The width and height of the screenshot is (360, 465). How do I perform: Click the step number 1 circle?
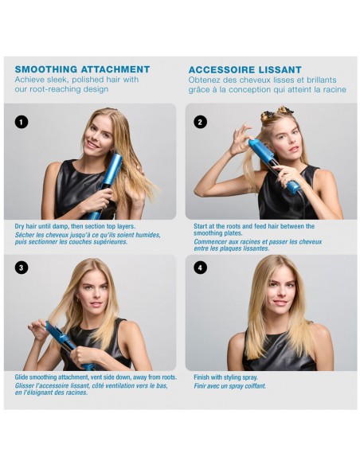tap(22, 122)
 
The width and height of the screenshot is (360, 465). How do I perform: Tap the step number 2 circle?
tap(200, 122)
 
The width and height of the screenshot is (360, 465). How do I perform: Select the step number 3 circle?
tap(22, 268)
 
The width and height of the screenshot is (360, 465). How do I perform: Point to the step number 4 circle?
tap(200, 268)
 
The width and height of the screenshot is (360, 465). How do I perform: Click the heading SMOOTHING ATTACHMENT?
tap(82, 69)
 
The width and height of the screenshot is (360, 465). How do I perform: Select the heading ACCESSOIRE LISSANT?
tap(245, 69)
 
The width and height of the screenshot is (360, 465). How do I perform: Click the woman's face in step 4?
tap(280, 287)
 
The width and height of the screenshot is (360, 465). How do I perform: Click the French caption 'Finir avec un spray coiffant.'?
tap(230, 386)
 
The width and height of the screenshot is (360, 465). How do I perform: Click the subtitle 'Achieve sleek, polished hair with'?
tap(76, 80)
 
